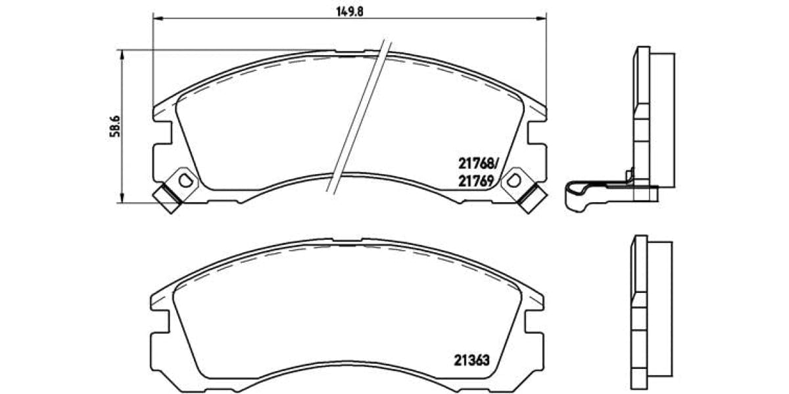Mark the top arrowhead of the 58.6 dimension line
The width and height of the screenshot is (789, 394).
[x=122, y=53]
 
